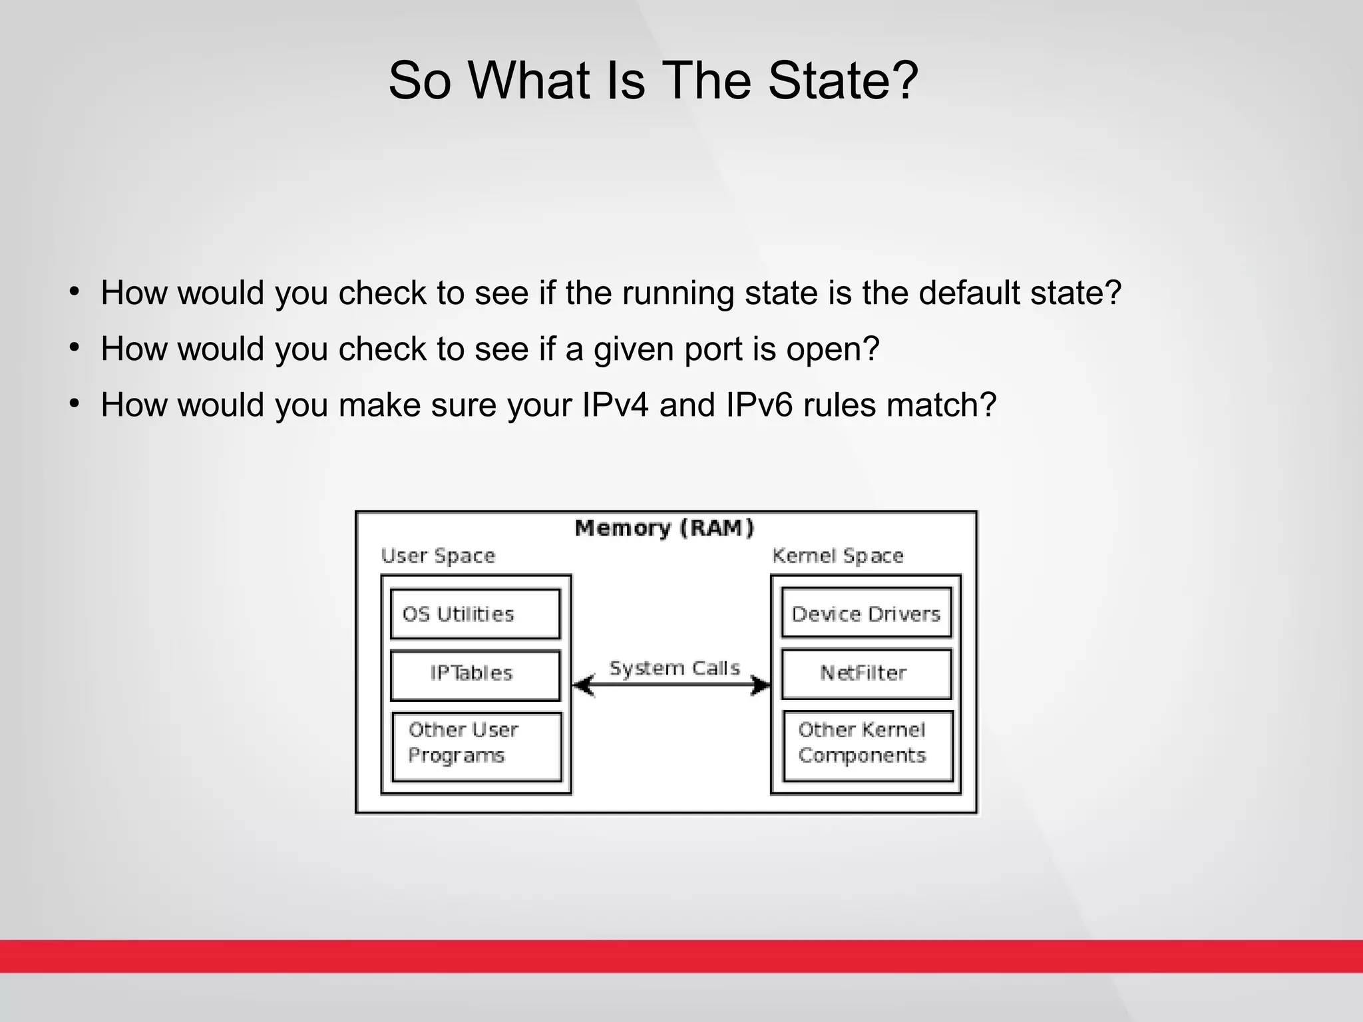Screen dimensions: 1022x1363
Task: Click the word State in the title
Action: [842, 81]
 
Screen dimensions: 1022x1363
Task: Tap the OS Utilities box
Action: [475, 613]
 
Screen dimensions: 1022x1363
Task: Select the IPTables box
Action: [475, 675]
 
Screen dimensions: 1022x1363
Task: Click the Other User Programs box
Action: [477, 746]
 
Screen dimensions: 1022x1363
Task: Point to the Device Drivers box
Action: [866, 613]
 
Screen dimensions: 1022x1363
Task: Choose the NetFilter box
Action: [866, 673]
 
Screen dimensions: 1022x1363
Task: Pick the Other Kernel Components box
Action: [868, 745]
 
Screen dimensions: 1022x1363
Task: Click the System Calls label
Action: [674, 668]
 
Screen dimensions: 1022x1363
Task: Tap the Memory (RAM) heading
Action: [664, 528]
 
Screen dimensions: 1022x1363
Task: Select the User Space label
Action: [438, 556]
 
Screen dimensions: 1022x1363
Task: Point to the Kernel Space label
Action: [837, 556]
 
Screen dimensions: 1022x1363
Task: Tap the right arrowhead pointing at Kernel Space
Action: [761, 685]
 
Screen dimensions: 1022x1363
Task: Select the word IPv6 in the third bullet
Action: [759, 405]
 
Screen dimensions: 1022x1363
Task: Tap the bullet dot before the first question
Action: [75, 291]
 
